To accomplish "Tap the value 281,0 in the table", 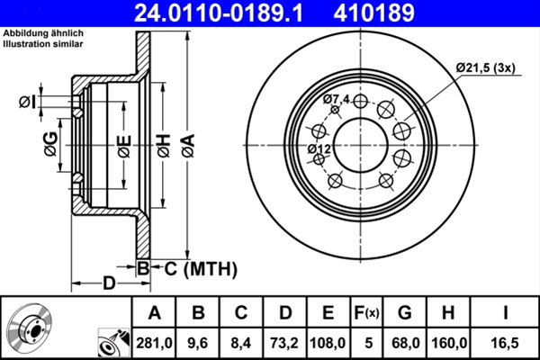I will tap(154, 343).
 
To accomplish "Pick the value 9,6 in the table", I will tap(198, 343).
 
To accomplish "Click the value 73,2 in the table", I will tap(285, 343).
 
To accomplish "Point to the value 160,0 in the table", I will tap(449, 343).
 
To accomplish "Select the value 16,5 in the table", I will tap(510, 343).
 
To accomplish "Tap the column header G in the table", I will tap(405, 313).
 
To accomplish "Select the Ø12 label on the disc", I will tap(319, 148).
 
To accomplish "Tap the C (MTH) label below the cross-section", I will tap(199, 267).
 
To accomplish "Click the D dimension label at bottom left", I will tap(107, 283).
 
